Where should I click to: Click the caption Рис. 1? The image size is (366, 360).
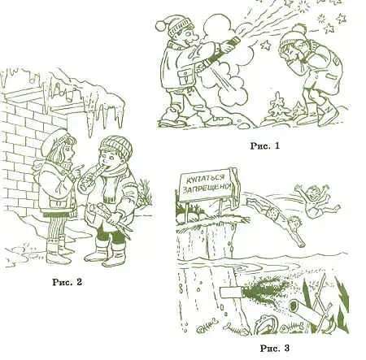[x=264, y=146]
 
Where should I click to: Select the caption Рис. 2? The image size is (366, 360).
[x=67, y=282]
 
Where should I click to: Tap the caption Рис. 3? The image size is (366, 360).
[x=275, y=348]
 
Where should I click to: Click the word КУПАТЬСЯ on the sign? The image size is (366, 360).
[x=207, y=179]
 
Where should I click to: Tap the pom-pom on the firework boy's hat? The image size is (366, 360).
[x=160, y=25]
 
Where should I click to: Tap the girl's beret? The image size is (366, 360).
[x=55, y=141]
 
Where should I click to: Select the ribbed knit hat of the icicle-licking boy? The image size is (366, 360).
[x=116, y=145]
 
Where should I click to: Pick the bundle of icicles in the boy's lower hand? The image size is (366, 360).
[x=112, y=220]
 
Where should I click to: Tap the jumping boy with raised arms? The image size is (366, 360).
[x=316, y=201]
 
